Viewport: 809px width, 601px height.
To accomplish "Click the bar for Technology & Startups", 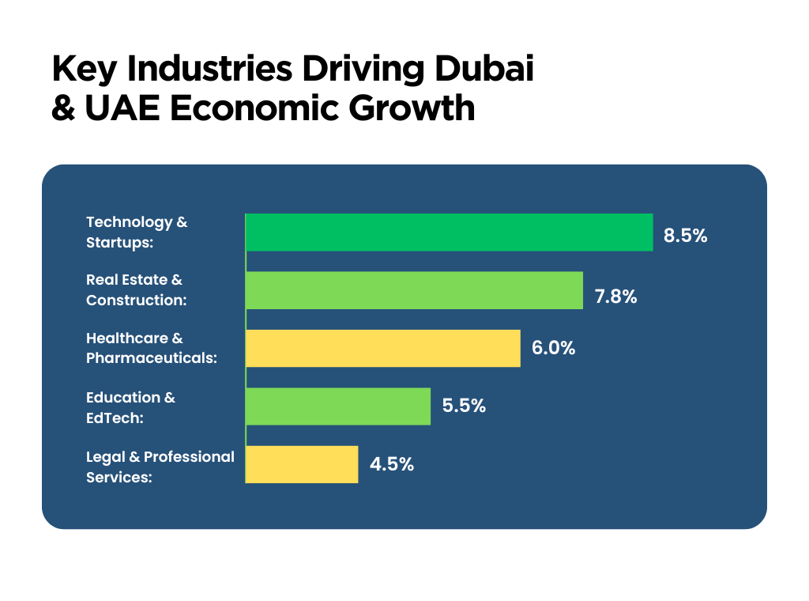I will (450, 232).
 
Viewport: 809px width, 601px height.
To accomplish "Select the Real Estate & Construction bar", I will (414, 290).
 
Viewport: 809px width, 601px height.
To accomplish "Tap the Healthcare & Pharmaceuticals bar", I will (383, 349).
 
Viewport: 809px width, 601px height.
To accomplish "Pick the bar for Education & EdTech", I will (338, 406).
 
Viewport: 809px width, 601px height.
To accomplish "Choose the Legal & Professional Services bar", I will (302, 464).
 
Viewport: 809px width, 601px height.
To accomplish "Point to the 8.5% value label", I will (685, 236).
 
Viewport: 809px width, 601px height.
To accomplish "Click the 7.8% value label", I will (615, 297).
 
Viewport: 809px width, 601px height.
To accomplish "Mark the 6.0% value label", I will (553, 348).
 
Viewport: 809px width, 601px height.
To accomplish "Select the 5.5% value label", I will (464, 406).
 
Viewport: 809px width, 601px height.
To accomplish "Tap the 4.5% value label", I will (392, 464).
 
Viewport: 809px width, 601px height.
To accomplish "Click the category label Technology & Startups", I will (137, 232).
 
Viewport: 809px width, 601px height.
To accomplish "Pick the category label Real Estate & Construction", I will (136, 290).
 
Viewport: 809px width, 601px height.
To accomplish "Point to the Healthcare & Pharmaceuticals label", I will (151, 348).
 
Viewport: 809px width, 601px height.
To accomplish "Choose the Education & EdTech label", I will (130, 406).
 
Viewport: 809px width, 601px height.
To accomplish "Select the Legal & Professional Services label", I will (160, 467).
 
